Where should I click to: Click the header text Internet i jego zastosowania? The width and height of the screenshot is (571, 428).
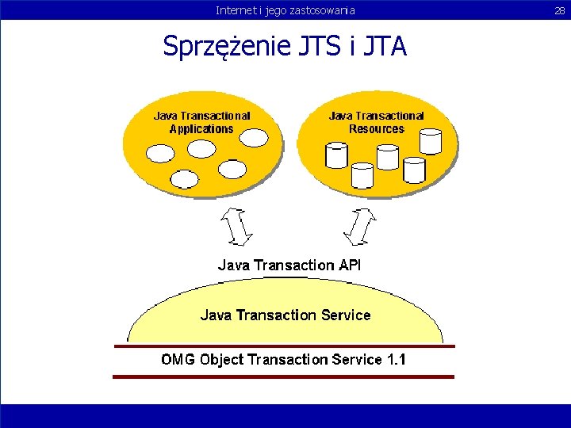[x=285, y=10]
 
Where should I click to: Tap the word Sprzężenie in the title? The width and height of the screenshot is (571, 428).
[x=226, y=47]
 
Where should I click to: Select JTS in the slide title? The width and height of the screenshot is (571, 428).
[x=320, y=47]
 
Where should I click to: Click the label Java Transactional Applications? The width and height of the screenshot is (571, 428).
[x=201, y=122]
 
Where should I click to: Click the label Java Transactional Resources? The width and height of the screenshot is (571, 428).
[x=376, y=122]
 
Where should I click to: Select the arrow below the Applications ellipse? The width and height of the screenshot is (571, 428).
[x=236, y=226]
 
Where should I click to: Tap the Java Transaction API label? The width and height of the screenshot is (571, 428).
[x=289, y=266]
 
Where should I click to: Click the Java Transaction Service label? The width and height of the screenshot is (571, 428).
[x=285, y=315]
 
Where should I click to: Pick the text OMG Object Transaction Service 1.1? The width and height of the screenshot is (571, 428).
[x=284, y=360]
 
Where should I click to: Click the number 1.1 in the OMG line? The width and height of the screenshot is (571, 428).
[x=396, y=360]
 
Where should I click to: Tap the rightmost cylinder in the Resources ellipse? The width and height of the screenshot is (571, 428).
[x=431, y=141]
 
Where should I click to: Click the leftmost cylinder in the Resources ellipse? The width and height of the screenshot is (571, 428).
[x=337, y=155]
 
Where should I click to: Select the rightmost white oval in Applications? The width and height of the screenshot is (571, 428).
[x=254, y=138]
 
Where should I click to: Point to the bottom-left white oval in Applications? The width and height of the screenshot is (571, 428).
[x=185, y=179]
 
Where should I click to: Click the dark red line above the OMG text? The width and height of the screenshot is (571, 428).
[x=284, y=346]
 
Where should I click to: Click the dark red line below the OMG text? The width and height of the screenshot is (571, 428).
[x=284, y=376]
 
